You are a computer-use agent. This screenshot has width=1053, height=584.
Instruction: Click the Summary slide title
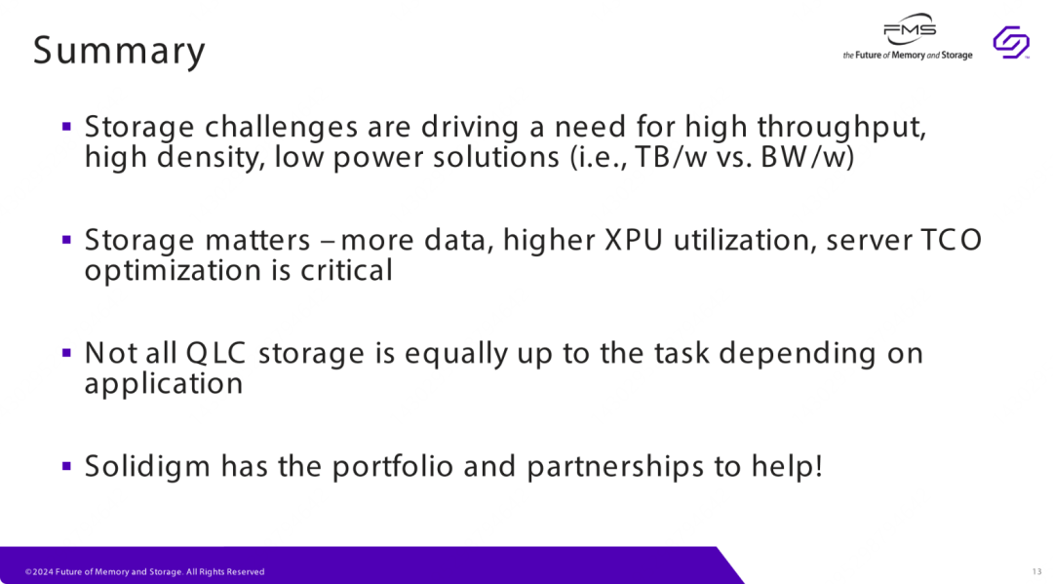click(120, 51)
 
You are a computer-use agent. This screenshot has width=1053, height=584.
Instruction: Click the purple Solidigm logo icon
click(1011, 42)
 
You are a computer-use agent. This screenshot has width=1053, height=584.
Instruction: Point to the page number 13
click(1036, 572)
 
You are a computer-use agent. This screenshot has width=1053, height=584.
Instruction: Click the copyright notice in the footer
click(145, 572)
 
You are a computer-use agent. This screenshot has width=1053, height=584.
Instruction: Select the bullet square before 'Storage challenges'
click(66, 126)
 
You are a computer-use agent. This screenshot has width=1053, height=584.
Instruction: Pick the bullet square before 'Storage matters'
click(66, 240)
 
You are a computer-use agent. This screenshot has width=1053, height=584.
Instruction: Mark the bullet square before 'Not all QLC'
click(66, 352)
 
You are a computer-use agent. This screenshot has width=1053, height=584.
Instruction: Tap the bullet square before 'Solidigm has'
click(66, 466)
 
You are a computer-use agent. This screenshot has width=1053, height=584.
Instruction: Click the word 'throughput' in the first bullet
click(841, 128)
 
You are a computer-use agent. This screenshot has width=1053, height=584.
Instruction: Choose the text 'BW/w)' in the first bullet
click(807, 157)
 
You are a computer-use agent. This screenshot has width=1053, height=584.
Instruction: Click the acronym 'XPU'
click(634, 240)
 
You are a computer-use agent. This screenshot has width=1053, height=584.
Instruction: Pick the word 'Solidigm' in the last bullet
click(147, 467)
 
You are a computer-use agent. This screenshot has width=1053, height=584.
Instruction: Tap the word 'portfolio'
click(393, 467)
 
